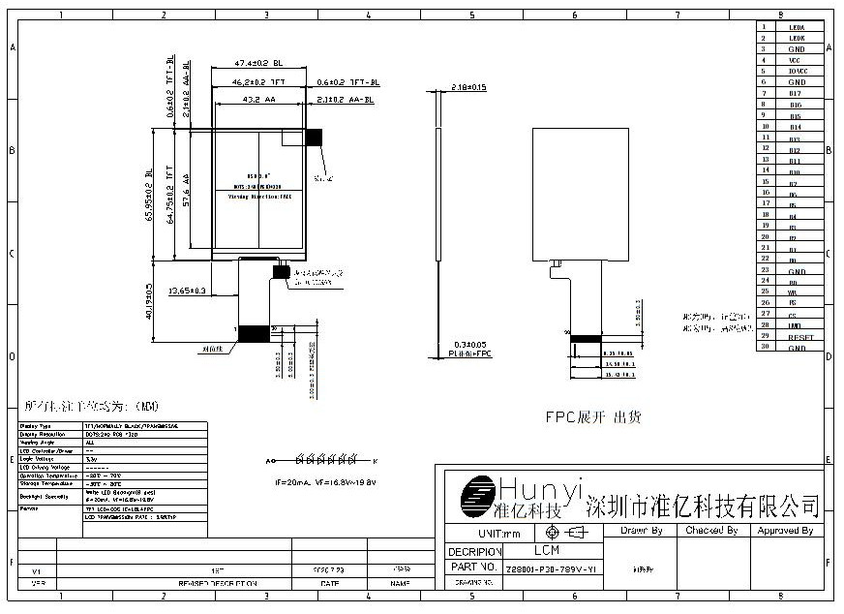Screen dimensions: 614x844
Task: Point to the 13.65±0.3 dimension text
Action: (188, 291)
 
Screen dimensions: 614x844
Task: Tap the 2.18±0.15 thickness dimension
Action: (469, 87)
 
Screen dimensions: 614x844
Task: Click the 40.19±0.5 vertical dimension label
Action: (149, 300)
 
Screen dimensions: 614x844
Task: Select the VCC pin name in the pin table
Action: (795, 60)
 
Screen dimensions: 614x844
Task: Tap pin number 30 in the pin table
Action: (765, 348)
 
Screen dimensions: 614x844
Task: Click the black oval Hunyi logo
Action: (476, 498)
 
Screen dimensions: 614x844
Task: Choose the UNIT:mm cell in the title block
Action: (498, 533)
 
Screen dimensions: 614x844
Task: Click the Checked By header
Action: (711, 531)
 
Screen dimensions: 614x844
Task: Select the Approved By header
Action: (785, 531)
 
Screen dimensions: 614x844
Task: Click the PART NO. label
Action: (472, 568)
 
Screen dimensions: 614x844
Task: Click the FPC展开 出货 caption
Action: (591, 418)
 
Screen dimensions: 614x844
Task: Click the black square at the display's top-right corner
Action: (314, 137)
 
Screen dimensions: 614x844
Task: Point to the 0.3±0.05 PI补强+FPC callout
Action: (472, 350)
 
